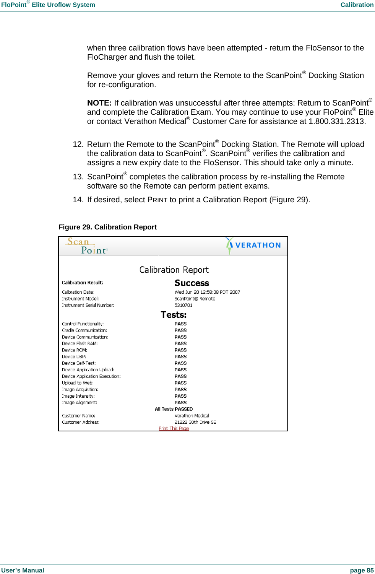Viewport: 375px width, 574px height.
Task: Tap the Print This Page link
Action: [x=174, y=428]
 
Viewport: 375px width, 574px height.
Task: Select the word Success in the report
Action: [x=192, y=283]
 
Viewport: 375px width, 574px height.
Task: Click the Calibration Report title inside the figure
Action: [x=174, y=270]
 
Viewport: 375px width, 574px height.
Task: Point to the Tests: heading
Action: [x=174, y=315]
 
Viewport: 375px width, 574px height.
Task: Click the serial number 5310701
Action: [x=183, y=305]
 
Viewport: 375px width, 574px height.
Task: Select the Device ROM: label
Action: [x=75, y=350]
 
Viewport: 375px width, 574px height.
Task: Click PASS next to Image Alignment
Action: [x=180, y=402]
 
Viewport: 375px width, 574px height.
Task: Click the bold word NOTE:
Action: [x=99, y=103]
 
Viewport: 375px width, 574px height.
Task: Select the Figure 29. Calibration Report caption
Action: [x=107, y=227]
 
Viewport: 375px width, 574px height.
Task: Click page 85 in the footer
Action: [x=362, y=570]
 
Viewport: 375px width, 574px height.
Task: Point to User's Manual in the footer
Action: [x=23, y=570]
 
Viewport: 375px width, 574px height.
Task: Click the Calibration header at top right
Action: [x=357, y=5]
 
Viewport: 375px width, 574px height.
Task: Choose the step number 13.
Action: [x=78, y=177]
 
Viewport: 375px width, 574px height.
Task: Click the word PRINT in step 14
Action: [x=157, y=200]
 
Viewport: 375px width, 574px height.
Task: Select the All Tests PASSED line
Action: [x=174, y=409]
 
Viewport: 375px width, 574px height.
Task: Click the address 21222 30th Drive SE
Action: [x=195, y=422]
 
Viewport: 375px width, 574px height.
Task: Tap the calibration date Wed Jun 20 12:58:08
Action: [x=207, y=292]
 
